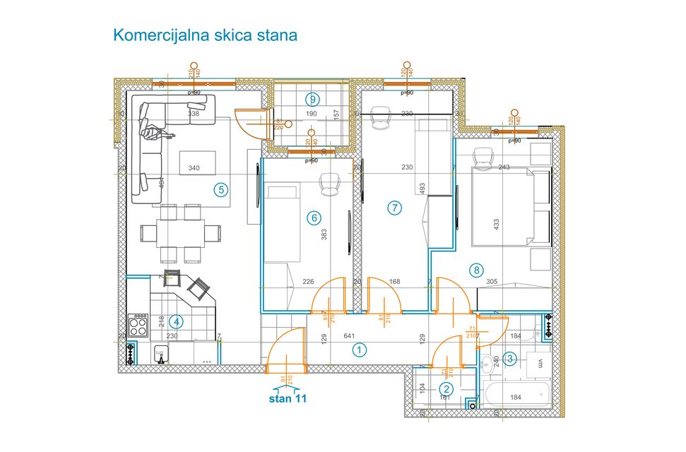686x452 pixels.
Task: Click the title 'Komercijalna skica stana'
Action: (x=205, y=35)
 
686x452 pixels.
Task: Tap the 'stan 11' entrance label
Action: (x=288, y=398)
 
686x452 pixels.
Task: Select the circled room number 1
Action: (x=360, y=349)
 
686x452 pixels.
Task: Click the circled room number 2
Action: (x=447, y=388)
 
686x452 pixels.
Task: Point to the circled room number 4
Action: (x=177, y=322)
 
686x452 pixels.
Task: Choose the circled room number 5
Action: (x=221, y=189)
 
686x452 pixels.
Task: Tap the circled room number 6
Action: (x=314, y=218)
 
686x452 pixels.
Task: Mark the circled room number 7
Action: (x=394, y=207)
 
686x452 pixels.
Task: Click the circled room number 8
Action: (x=478, y=269)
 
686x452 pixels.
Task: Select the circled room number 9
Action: (x=312, y=99)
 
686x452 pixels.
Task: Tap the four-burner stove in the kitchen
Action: (x=138, y=326)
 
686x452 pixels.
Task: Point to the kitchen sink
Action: (x=162, y=353)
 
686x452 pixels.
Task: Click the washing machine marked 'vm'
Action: (x=540, y=363)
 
